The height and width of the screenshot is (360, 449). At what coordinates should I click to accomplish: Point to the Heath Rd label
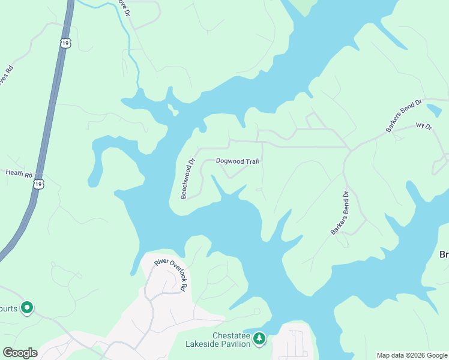pos(19,173)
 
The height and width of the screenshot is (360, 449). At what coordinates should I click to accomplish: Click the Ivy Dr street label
pos(424,126)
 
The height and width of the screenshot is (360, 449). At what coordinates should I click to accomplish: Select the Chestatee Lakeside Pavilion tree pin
pos(259,339)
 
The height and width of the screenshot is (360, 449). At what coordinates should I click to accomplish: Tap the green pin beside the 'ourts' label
pos(26,308)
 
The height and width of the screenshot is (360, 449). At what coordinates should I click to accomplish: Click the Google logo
pos(20,352)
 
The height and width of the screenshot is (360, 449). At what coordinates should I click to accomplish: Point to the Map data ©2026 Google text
pos(411,355)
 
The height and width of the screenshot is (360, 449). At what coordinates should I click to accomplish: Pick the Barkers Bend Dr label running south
pos(339,213)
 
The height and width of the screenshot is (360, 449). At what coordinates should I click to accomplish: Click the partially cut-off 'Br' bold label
pos(444,254)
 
